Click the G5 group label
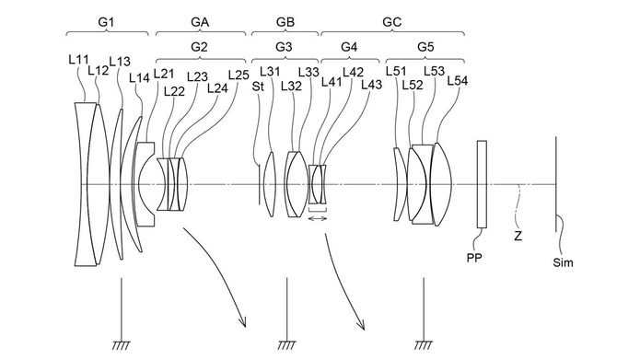click(x=425, y=45)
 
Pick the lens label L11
click(x=78, y=59)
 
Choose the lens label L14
click(x=139, y=78)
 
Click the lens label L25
click(x=238, y=75)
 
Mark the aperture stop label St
click(x=259, y=87)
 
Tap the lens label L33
click(x=308, y=73)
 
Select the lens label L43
click(x=372, y=85)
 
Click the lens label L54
click(x=458, y=81)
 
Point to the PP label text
click(x=476, y=260)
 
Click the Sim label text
click(x=563, y=263)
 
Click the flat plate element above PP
click(x=482, y=183)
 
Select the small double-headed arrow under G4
click(x=318, y=218)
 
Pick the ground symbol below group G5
click(x=423, y=344)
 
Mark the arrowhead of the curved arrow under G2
click(x=245, y=323)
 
